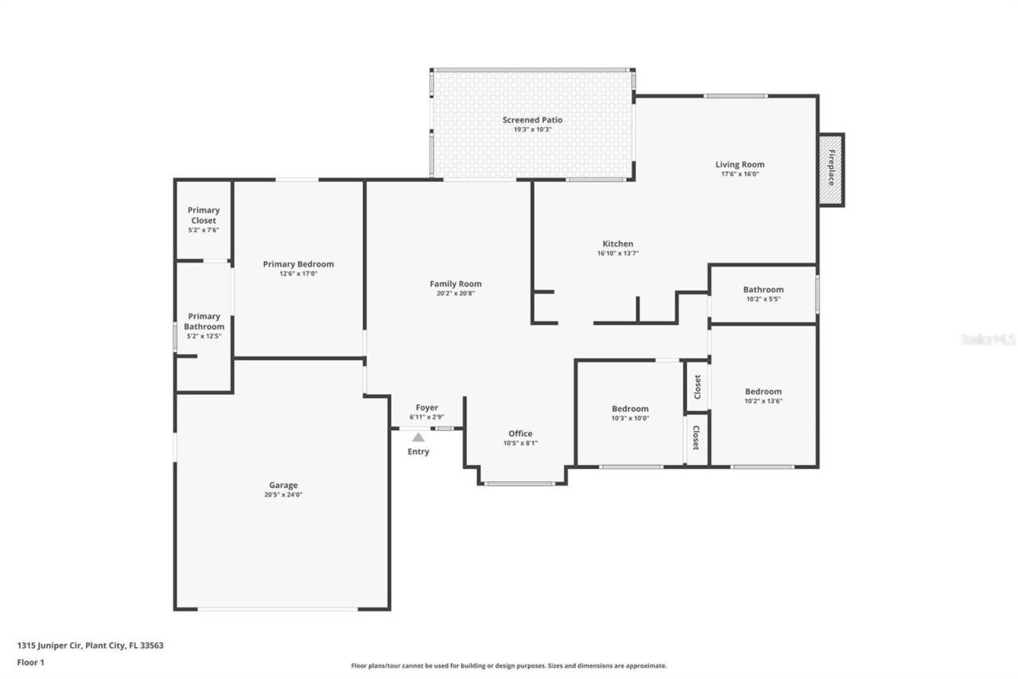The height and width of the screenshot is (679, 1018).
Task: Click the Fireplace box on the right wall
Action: coord(831,169)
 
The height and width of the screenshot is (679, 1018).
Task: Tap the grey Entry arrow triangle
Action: coord(418,436)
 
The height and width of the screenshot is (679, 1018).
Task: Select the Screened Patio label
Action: coord(532,120)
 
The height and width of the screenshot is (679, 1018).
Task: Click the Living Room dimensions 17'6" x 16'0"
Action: coord(740,174)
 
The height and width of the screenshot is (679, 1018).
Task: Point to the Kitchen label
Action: coord(618,244)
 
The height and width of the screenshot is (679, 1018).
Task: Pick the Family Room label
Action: coord(456,283)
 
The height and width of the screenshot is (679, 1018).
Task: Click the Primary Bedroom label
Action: coord(298,264)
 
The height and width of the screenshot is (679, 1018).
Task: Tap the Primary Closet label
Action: coord(204,215)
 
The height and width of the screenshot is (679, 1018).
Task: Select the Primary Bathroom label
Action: coord(204,322)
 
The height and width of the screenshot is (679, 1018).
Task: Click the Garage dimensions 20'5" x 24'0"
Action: coord(283,494)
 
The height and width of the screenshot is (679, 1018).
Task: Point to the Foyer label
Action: coord(427,408)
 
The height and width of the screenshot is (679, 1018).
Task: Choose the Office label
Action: coord(521,434)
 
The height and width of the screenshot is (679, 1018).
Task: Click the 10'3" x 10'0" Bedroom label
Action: coord(630,409)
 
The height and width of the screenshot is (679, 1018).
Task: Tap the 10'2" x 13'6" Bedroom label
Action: coord(763,392)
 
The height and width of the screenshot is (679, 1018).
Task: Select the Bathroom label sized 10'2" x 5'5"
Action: coord(763,290)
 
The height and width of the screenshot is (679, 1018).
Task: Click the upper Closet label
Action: coord(697,387)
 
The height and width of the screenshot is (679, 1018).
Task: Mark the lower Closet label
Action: coord(696,437)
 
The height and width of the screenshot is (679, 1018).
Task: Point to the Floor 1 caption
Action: coord(30,661)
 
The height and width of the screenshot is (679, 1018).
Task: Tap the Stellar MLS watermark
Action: coord(988,339)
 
